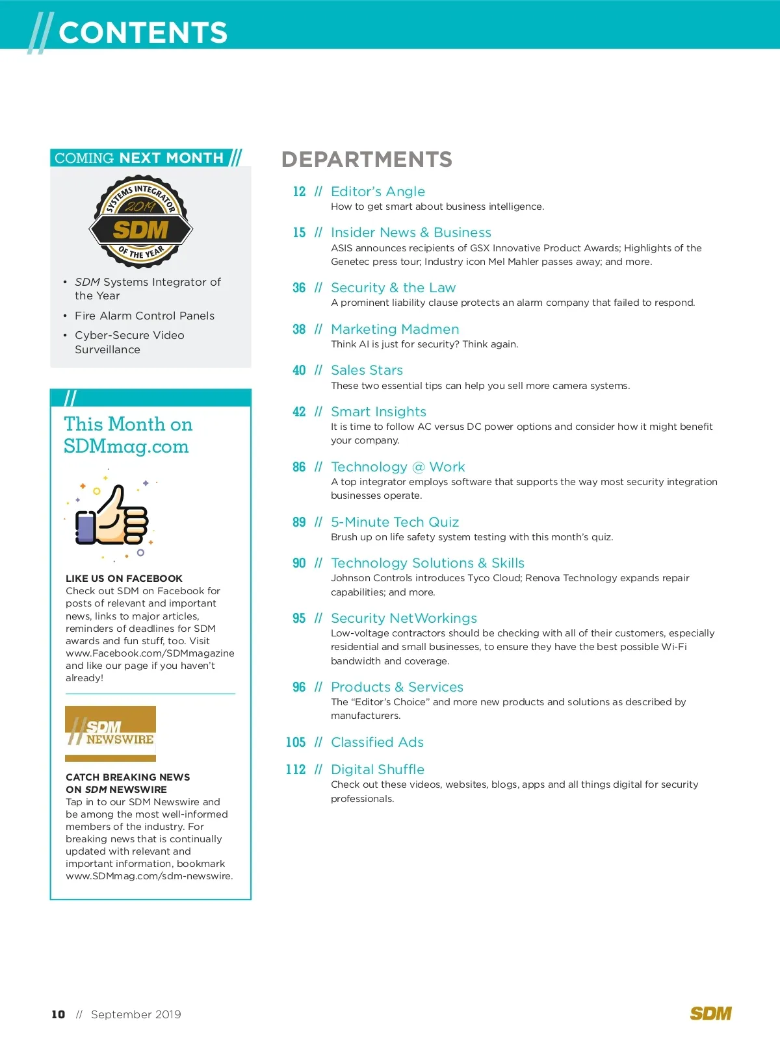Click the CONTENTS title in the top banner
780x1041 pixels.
pyautogui.click(x=143, y=32)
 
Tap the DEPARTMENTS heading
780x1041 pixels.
pyautogui.click(x=367, y=159)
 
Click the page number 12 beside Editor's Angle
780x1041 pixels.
pyautogui.click(x=299, y=192)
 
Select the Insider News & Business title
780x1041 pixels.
pyautogui.click(x=411, y=232)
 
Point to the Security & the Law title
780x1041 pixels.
pyautogui.click(x=393, y=288)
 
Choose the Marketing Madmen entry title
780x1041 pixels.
pyautogui.click(x=395, y=329)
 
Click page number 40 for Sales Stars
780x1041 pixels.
pyautogui.click(x=299, y=370)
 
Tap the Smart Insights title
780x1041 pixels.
pyautogui.click(x=378, y=412)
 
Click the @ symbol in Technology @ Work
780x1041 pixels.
pyautogui.click(x=419, y=467)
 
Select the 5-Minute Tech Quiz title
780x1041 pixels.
pyautogui.click(x=395, y=522)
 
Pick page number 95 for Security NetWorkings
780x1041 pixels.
pyautogui.click(x=299, y=618)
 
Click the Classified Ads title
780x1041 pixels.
pyautogui.click(x=377, y=742)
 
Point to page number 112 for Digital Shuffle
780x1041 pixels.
pyautogui.click(x=296, y=770)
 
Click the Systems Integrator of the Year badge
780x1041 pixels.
pyautogui.click(x=140, y=221)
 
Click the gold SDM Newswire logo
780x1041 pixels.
pyautogui.click(x=110, y=733)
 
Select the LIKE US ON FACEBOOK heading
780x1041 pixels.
pyautogui.click(x=124, y=579)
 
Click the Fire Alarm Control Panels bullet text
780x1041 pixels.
pyautogui.click(x=144, y=316)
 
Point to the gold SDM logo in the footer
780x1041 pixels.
pyautogui.click(x=710, y=1014)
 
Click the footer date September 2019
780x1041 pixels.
pyautogui.click(x=136, y=1014)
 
